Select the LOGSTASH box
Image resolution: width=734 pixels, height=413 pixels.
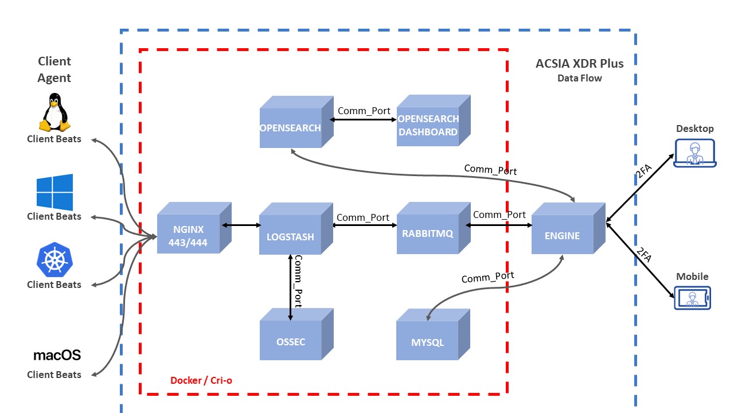click(x=290, y=236)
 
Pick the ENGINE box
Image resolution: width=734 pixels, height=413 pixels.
click(x=562, y=235)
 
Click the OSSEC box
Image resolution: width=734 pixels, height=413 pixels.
click(x=291, y=341)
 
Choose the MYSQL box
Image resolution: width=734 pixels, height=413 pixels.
click(x=427, y=342)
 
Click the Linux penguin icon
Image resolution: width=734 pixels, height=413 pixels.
click(x=54, y=114)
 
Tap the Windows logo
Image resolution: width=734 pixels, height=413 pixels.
click(x=54, y=192)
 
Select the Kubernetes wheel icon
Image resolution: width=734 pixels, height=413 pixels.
click(x=54, y=260)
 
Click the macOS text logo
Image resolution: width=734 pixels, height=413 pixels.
click(x=57, y=355)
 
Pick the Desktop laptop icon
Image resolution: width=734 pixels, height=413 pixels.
click(x=694, y=152)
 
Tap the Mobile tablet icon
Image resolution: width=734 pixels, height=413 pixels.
click(x=692, y=298)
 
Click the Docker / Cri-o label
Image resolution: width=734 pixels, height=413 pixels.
click(x=201, y=380)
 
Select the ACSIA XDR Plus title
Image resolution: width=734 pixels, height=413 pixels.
click(x=579, y=63)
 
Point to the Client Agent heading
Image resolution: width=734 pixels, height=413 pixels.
click(x=54, y=69)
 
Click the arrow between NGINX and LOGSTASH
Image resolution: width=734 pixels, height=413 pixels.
click(x=240, y=225)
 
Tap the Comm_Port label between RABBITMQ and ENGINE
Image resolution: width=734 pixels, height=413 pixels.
click(x=499, y=215)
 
